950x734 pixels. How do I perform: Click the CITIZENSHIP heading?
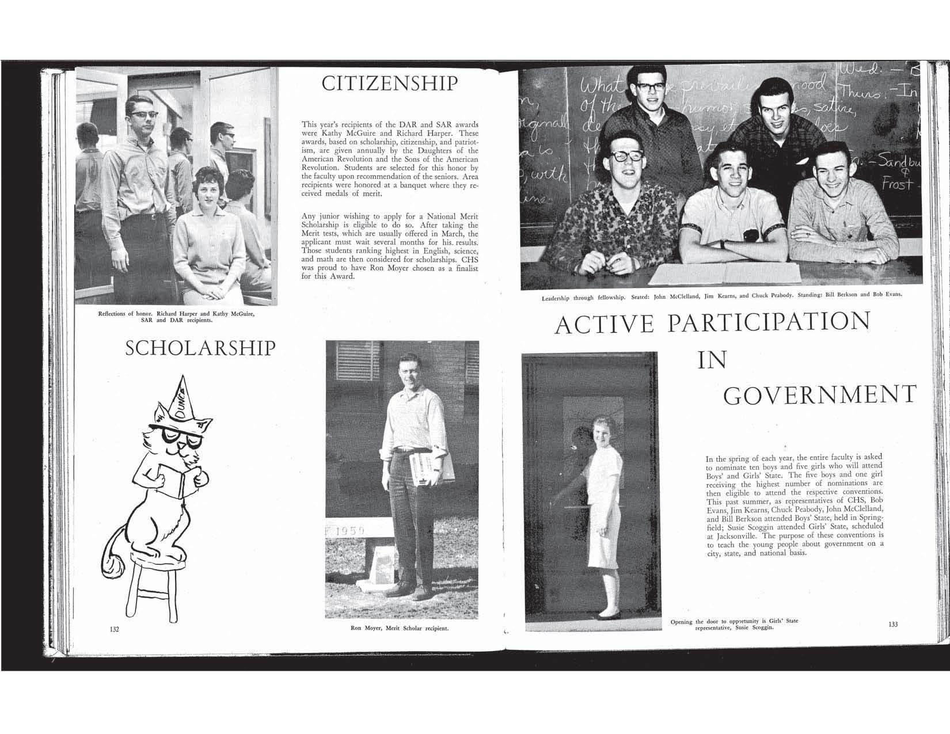[x=390, y=84]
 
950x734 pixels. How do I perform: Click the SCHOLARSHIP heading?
[x=200, y=348]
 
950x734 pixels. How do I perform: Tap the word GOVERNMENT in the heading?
[x=819, y=395]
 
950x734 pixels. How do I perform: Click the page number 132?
[x=114, y=629]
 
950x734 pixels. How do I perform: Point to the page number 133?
[x=893, y=625]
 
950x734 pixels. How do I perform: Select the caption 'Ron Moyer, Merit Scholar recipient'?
[x=400, y=628]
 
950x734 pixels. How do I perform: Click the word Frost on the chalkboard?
[x=896, y=185]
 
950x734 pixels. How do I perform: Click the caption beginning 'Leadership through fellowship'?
[x=721, y=297]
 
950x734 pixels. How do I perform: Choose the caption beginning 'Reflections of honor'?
[x=176, y=317]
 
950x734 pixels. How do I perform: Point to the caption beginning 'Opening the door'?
[x=735, y=625]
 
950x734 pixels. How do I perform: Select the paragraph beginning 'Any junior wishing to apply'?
[x=390, y=246]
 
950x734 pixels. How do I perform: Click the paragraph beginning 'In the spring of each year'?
[x=794, y=506]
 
